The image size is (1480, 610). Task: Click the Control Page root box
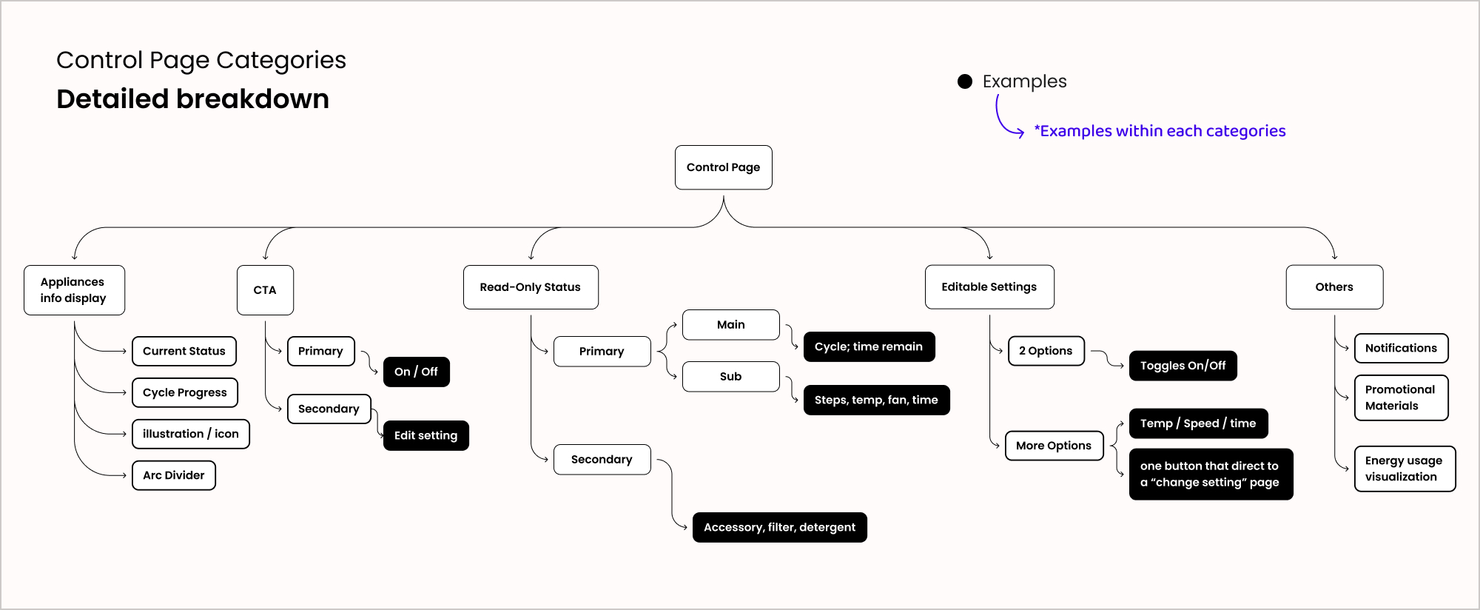tap(723, 167)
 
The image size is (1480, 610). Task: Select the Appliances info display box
tap(74, 290)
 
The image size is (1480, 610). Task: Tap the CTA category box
tap(265, 290)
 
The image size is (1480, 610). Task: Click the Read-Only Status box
tap(531, 287)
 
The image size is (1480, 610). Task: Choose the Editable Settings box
tap(989, 287)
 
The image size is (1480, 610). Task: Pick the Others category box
tap(1334, 287)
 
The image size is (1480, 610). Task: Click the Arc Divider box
tap(174, 475)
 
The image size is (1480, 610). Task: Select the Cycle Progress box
tap(185, 392)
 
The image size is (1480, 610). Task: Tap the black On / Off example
tap(416, 372)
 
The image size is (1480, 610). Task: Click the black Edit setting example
tap(425, 435)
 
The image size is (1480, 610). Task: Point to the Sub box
tap(730, 376)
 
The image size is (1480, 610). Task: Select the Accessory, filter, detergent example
tap(779, 527)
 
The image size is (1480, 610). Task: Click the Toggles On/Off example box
tap(1183, 366)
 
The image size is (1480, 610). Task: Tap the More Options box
tap(1054, 446)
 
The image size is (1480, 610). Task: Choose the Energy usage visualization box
tap(1405, 469)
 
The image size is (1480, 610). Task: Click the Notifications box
tap(1401, 348)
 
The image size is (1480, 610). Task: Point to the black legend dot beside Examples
tap(965, 81)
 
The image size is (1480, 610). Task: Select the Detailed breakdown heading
tap(192, 98)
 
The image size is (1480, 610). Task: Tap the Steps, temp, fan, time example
tap(876, 400)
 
